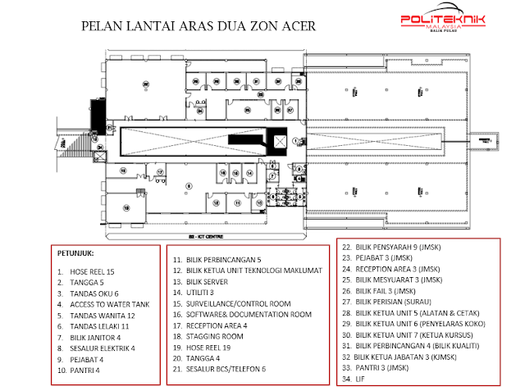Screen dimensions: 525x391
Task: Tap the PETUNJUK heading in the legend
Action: click(x=76, y=252)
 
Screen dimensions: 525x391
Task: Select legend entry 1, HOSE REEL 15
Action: click(x=93, y=271)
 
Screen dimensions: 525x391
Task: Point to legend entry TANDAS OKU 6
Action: click(x=95, y=293)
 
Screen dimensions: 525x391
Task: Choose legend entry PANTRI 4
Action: click(x=86, y=370)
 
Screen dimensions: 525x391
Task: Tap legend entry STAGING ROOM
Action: click(x=215, y=336)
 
